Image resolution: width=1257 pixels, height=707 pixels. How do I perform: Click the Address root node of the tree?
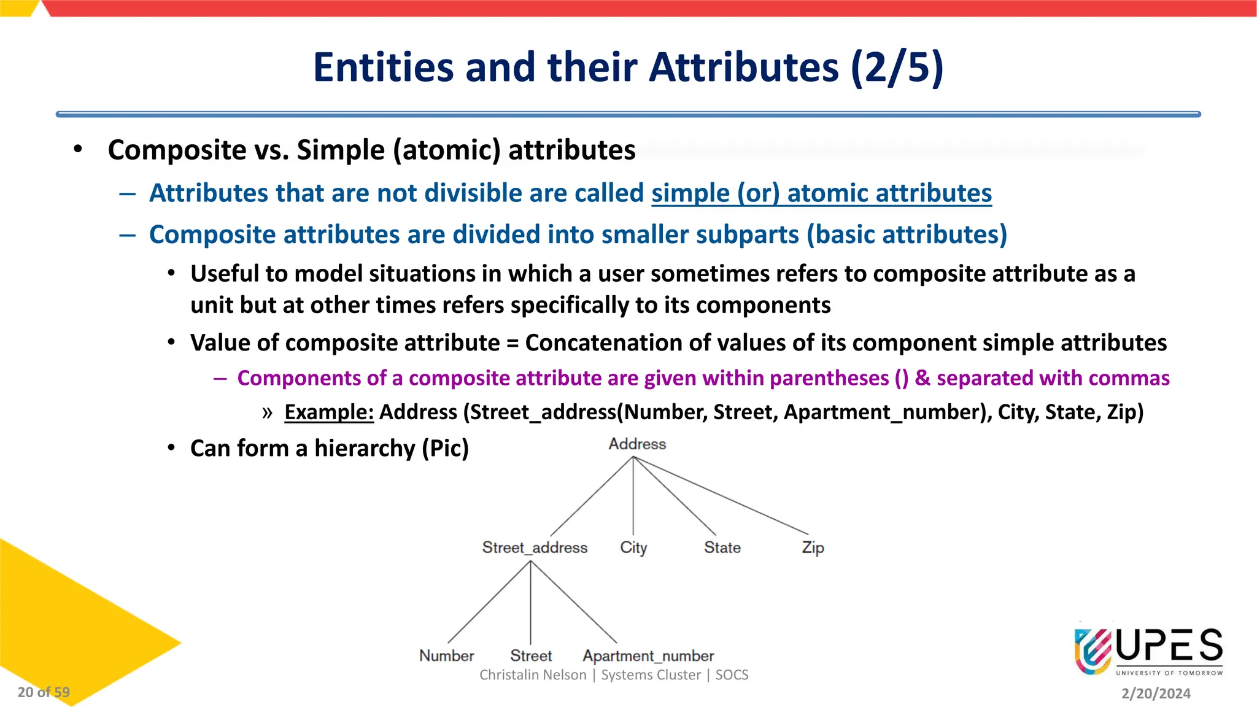(637, 444)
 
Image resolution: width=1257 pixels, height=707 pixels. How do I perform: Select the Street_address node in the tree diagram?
(535, 547)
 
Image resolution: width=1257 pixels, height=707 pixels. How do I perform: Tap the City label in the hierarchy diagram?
(633, 547)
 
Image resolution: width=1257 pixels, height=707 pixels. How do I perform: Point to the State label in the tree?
(722, 547)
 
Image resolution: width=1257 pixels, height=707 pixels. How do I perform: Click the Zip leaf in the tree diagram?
(813, 547)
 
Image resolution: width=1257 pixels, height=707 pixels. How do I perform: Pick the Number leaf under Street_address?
(447, 655)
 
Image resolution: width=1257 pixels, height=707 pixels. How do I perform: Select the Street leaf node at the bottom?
(531, 655)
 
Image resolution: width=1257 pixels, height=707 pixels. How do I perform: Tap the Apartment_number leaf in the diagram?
(648, 655)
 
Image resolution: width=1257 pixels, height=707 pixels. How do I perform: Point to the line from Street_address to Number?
(489, 602)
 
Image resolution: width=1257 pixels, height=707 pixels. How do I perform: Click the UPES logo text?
(1169, 646)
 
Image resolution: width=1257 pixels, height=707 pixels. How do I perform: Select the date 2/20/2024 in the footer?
(1156, 693)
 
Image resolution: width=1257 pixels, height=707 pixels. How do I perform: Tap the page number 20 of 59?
(44, 692)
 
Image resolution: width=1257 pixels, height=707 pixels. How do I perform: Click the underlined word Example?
(329, 412)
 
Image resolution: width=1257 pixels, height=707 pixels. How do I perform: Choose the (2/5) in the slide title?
(897, 67)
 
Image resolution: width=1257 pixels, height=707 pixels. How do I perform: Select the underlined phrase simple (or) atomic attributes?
(821, 193)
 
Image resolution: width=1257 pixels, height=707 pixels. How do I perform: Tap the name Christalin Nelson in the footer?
(533, 675)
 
